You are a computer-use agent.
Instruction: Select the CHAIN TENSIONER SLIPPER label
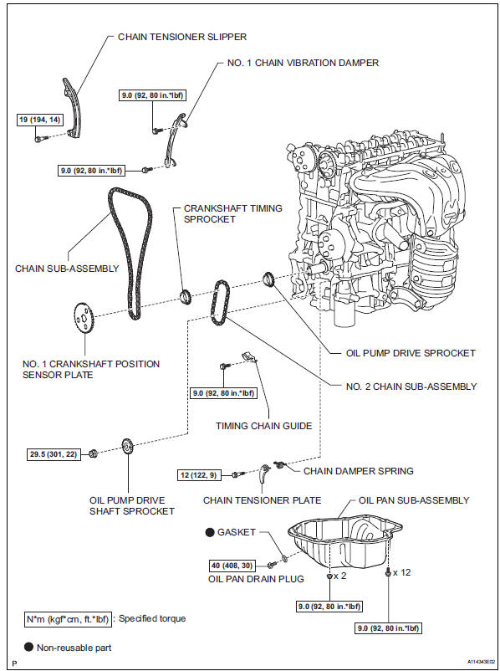coord(182,37)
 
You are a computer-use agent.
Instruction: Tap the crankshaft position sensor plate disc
coord(84,319)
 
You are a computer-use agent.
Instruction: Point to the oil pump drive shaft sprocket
coord(127,450)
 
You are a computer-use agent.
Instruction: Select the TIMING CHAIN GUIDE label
coord(264,426)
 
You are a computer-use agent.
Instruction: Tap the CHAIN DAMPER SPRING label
coord(359,471)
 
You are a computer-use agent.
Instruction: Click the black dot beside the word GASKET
coord(210,533)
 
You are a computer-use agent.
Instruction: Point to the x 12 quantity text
coord(401,572)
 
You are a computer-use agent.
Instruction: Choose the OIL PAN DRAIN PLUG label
coord(256,579)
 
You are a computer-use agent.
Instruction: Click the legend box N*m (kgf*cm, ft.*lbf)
coord(69,619)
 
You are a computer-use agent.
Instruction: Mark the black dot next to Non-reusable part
coord(28,648)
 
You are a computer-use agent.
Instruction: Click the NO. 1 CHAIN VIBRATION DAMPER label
coord(303,63)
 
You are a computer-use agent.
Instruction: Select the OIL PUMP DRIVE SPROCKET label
coord(411,353)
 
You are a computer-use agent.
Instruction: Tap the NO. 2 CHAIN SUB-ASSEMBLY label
coord(411,387)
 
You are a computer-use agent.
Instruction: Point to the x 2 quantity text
coord(340,576)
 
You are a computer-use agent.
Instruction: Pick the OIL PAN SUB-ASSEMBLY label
coord(414,500)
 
